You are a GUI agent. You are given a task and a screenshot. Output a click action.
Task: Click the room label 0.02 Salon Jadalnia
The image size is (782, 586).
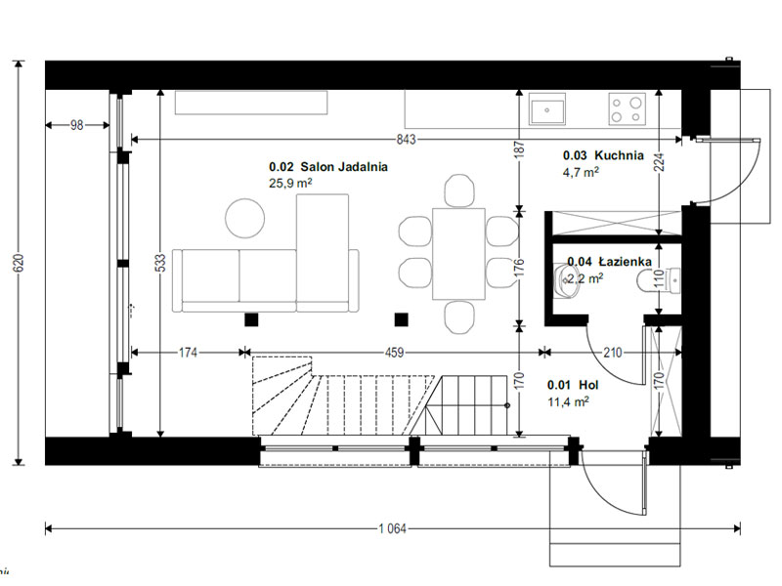coord(328,167)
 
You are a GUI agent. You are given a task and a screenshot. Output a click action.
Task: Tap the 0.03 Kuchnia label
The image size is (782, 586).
coord(603,155)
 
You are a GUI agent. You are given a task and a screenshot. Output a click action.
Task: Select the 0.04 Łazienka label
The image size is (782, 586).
coord(609,262)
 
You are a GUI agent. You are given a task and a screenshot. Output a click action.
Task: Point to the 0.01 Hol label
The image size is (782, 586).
coord(573,385)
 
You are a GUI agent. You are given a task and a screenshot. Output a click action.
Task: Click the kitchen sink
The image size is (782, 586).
coord(547,109)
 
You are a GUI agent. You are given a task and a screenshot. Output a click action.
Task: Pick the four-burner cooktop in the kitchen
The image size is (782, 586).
coord(627,108)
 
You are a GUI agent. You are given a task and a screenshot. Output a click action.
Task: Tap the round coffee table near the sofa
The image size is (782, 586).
coord(245,218)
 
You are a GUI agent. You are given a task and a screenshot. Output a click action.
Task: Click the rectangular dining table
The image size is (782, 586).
coord(458,254)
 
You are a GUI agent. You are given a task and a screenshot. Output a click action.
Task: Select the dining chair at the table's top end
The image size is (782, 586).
coord(458,190)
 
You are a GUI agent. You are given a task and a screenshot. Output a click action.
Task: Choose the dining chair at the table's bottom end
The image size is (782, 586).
coord(458,316)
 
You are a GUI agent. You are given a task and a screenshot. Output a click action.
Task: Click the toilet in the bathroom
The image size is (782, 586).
coord(658,280)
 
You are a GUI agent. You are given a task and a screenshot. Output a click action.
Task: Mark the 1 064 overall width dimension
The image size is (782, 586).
coord(393,528)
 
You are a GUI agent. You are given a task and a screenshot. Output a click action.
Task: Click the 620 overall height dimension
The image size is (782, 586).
coord(19,263)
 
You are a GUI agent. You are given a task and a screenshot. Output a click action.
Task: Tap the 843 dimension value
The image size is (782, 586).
coord(406,140)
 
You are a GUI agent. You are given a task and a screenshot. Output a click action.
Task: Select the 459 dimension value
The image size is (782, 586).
coord(394,353)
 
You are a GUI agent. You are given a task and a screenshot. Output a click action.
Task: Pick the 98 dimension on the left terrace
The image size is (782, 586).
coord(77,125)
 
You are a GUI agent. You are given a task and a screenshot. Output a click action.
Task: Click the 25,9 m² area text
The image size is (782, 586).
coord(290,183)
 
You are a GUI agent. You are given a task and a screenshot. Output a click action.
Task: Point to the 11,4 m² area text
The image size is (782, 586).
coord(568,401)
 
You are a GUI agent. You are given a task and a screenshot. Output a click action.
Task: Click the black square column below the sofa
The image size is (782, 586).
coord(251,319)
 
